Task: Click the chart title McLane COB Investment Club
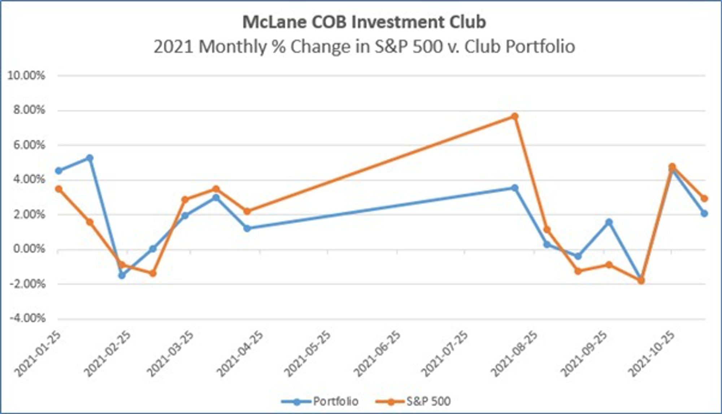tap(364, 22)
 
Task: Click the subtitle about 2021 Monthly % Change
tap(364, 47)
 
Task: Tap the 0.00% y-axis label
tap(29, 249)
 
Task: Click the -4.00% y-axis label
tap(27, 318)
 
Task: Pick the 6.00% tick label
tap(29, 145)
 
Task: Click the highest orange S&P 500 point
tap(515, 116)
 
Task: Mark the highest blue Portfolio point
tap(90, 158)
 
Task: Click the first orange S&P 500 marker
tap(58, 189)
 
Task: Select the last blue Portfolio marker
tap(704, 213)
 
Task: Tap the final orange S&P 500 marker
tap(704, 198)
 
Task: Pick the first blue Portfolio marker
tap(58, 171)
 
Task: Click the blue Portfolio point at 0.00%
tap(153, 249)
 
